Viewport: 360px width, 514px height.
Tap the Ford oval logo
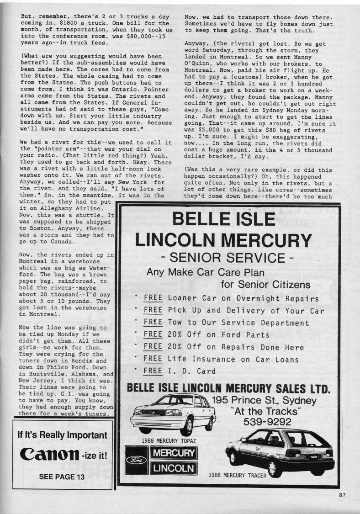coord(137,461)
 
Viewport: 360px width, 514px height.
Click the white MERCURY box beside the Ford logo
coord(174,454)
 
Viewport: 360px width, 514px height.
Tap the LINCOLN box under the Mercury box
coord(174,468)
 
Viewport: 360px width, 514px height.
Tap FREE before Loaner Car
coord(153,299)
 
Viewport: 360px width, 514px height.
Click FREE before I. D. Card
coord(153,371)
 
